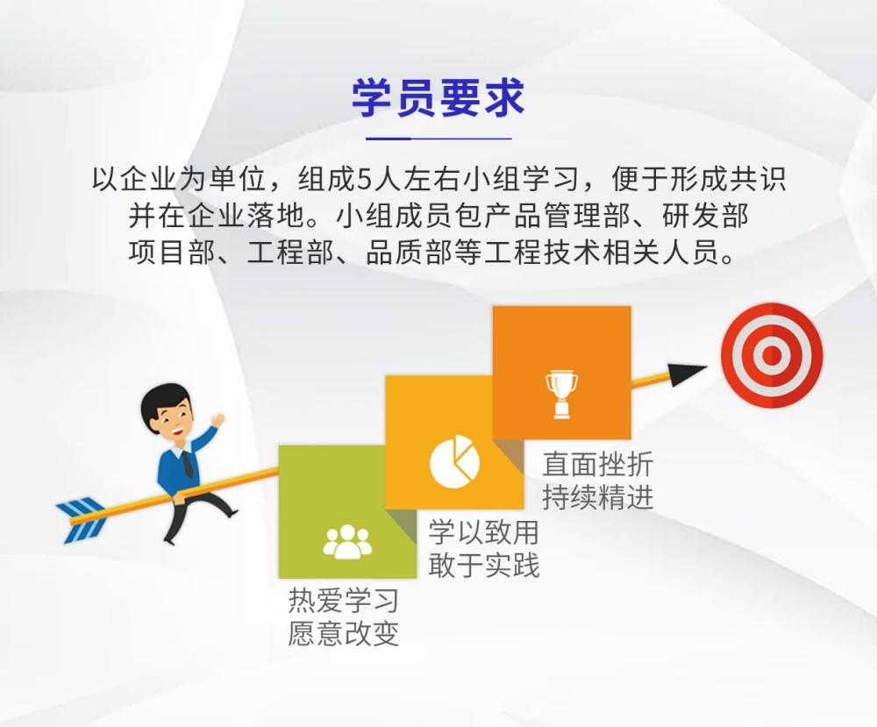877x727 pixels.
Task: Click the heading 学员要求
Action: click(438, 98)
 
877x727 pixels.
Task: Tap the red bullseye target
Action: click(771, 355)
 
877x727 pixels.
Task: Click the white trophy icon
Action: click(561, 395)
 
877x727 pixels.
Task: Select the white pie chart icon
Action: click(454, 461)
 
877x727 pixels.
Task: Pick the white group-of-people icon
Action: click(347, 541)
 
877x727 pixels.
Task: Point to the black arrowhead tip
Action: click(707, 367)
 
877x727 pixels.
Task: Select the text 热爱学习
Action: click(343, 601)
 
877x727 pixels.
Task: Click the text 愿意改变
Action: click(343, 634)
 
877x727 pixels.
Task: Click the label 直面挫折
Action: click(597, 464)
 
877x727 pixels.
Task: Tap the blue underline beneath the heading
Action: click(438, 139)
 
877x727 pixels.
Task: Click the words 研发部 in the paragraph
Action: click(705, 216)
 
